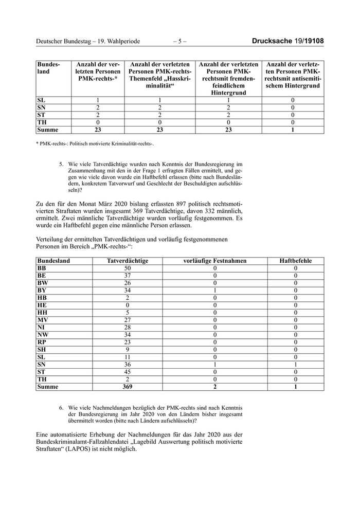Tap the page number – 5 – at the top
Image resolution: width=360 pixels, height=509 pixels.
(179, 41)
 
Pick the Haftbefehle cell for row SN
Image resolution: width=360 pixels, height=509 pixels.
(296, 365)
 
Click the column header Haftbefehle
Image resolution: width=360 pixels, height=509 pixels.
(296, 261)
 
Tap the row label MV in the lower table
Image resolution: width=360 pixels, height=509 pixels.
(43, 320)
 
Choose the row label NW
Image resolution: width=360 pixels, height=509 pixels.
(43, 335)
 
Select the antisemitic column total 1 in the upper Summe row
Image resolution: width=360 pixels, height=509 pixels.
(293, 130)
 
